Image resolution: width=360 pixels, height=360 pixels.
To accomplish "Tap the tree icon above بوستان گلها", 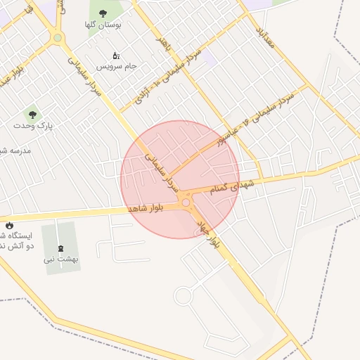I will pos(103,13).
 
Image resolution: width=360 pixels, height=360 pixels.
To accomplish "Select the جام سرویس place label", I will pos(117,67).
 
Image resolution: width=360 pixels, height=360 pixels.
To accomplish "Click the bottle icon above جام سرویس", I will pos(116,56).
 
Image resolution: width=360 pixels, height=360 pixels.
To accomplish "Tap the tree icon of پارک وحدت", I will pos(31,112).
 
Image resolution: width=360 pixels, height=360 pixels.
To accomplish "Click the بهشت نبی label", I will pos(61,259).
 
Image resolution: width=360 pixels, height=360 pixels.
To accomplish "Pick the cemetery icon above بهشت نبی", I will pos(59,247).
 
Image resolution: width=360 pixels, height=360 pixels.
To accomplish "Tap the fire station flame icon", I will pos(10,225).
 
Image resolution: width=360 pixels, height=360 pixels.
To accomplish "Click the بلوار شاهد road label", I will pos(150,208).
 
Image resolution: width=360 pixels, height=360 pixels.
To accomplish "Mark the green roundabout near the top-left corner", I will pos(58,38).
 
